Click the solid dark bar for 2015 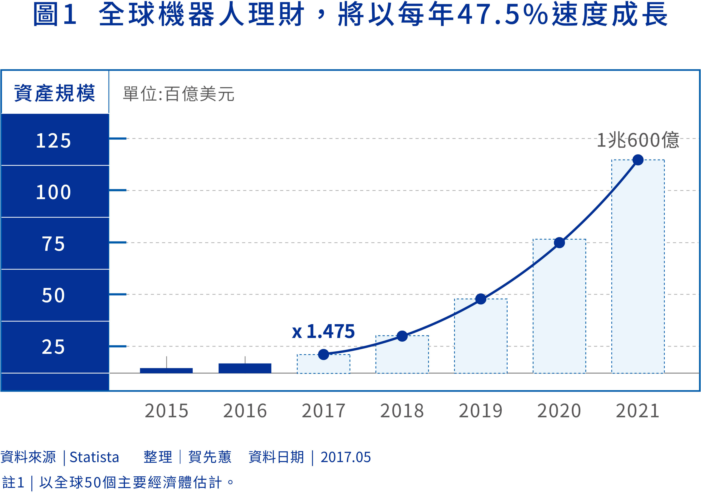166,370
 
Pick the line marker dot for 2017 323,354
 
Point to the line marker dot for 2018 402,336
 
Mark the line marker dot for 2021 638,160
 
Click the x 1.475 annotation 323,331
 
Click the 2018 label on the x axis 402,411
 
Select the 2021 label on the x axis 638,411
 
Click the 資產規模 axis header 55,93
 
